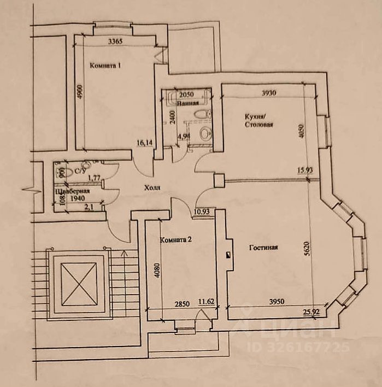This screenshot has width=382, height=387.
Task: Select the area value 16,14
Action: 144,143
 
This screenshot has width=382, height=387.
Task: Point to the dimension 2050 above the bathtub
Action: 186,94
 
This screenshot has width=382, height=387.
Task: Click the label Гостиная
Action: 264,247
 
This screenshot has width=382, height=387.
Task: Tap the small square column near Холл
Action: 219,179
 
